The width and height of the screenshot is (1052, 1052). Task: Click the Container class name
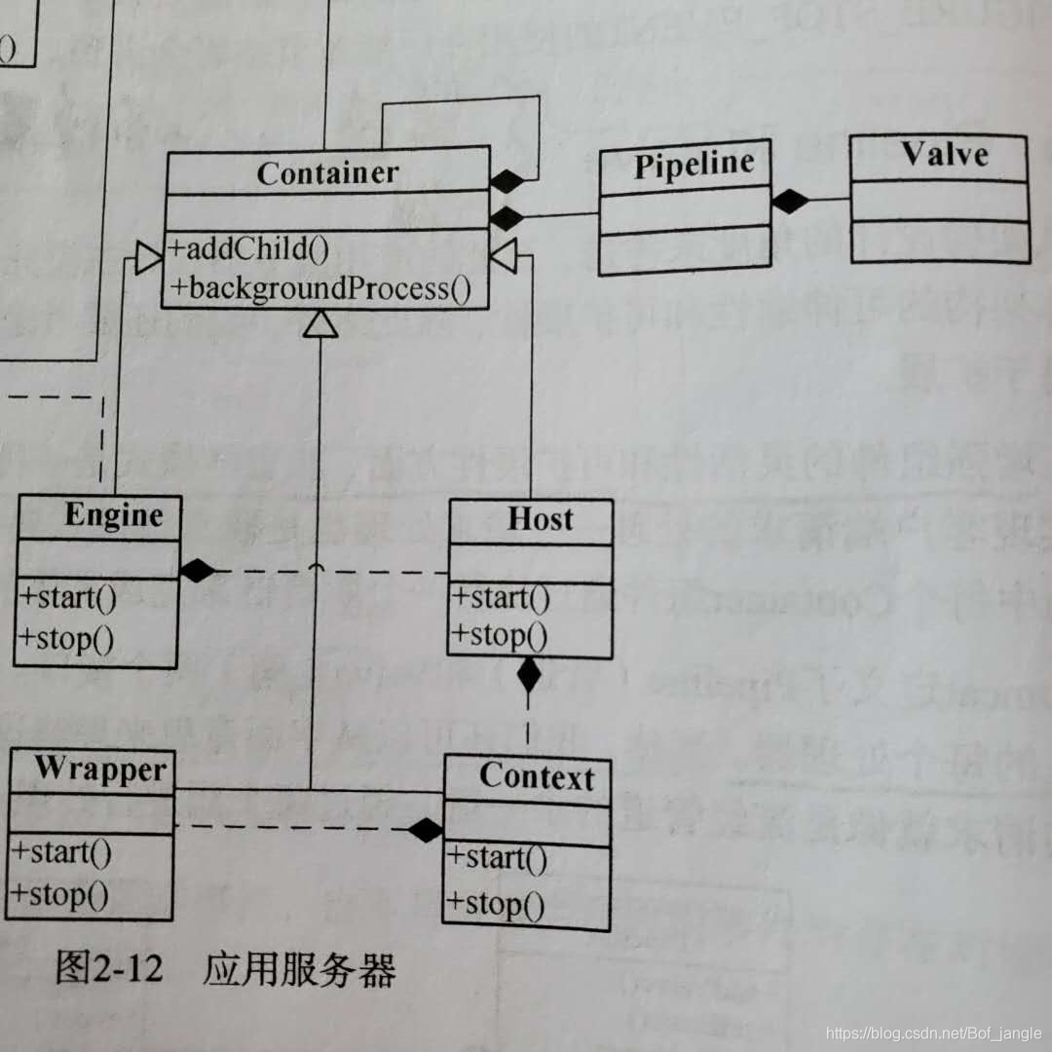click(327, 172)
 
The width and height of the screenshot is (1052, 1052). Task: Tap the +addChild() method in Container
click(249, 248)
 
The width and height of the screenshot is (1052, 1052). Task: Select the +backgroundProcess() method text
click(320, 288)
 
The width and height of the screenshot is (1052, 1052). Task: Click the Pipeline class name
click(694, 164)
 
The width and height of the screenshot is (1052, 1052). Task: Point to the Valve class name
click(943, 155)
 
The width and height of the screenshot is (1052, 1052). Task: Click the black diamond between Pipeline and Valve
click(791, 201)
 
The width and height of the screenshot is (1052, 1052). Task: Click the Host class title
click(540, 519)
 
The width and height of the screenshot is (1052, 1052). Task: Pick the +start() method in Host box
click(500, 596)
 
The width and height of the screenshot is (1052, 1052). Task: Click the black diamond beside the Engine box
click(197, 571)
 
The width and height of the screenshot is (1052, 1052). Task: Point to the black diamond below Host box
click(528, 674)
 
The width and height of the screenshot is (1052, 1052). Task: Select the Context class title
click(536, 776)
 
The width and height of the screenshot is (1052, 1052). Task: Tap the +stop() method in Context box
click(496, 905)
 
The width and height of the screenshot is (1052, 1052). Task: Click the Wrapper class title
click(100, 769)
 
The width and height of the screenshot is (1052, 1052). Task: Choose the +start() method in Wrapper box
click(61, 853)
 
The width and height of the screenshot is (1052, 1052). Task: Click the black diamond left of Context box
click(425, 830)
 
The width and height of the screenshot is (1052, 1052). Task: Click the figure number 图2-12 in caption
click(108, 970)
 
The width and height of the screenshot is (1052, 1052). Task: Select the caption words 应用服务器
click(299, 970)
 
